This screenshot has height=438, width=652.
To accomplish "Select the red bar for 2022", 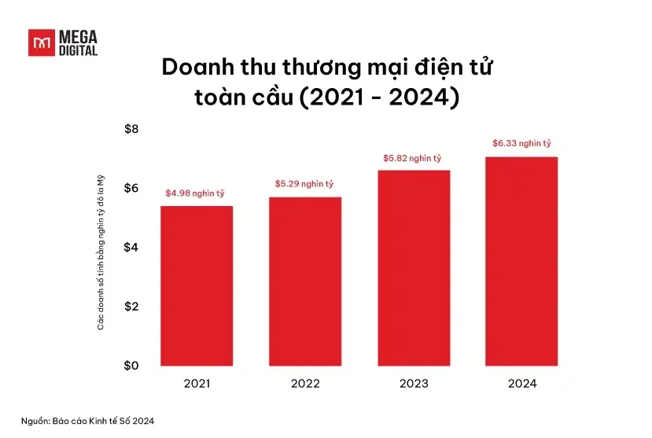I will pos(305,281).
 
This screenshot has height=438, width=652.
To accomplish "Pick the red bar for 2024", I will pos(521,261).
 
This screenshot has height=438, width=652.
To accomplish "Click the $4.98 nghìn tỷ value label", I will pos(197,193).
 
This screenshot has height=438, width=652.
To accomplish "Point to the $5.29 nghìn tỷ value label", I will pos(304,184).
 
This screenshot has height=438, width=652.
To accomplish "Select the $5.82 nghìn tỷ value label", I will pos(413,157).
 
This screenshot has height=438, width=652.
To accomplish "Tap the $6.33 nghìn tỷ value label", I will pos(521,143).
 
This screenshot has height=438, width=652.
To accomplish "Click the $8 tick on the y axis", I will pos(131,129).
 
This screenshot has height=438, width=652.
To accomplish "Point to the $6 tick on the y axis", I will pos(131,188).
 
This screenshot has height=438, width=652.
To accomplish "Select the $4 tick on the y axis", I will pos(131,247).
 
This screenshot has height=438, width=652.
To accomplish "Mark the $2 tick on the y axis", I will pos(131,306).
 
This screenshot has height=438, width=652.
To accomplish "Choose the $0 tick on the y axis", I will pos(131,366).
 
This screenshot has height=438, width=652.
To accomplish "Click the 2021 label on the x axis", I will pos(197,384).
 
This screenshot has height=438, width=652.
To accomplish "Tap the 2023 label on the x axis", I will pos(414,384).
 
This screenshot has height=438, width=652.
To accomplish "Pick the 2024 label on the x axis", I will pos(521,384).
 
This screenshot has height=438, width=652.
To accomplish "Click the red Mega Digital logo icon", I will pos(40,42).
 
